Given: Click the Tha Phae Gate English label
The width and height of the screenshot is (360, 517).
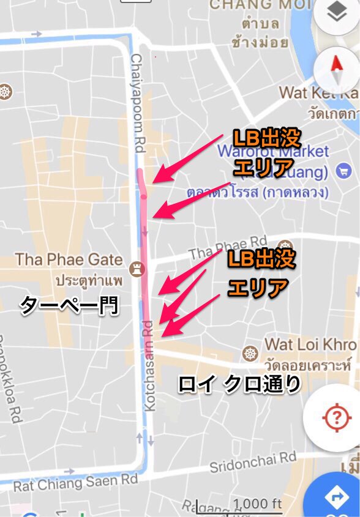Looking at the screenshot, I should [69, 259].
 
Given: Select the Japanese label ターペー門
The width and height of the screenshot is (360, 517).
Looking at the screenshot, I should [69, 304].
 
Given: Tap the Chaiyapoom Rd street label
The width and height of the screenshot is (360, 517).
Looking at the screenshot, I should [137, 102].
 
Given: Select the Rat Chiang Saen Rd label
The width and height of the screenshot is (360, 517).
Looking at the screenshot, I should [75, 482].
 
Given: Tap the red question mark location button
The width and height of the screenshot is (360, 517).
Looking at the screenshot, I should [335, 418].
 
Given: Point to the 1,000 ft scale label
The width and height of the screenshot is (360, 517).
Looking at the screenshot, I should [257, 504].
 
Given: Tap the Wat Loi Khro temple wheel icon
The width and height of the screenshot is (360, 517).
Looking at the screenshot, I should [250, 354].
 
